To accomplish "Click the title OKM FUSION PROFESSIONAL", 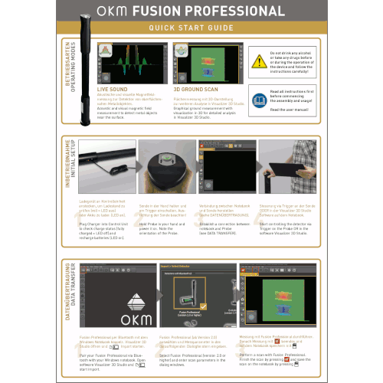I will coord(191,12).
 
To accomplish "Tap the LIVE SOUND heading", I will coord(113,90).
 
